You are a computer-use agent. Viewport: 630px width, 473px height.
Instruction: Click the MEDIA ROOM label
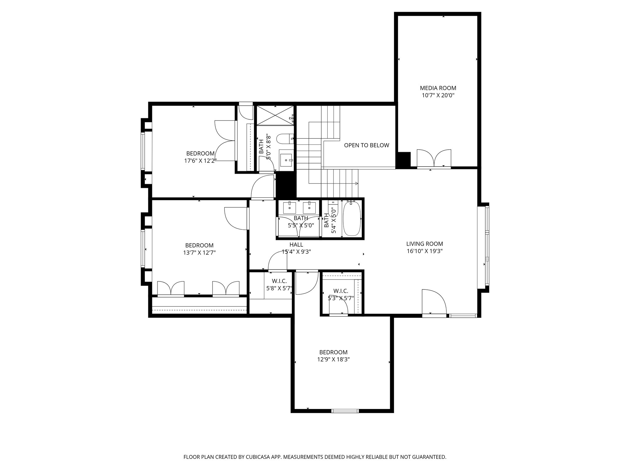tap(438, 88)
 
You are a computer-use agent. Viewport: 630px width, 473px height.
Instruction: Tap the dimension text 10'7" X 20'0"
tap(438, 96)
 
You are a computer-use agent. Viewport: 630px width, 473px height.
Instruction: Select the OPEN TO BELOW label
tap(366, 145)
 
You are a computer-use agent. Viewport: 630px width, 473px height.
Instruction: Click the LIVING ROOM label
tap(424, 244)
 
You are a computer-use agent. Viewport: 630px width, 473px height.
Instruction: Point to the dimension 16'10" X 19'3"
tap(424, 251)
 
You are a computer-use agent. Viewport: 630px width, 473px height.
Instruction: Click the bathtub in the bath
tap(352, 219)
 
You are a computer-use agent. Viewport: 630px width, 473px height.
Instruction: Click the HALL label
tap(296, 245)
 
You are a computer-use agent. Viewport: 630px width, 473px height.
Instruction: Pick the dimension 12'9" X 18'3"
tap(333, 359)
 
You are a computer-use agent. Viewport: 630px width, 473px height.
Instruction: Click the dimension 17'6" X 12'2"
tap(200, 161)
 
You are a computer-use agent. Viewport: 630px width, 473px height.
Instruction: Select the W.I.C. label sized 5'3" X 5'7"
tap(341, 291)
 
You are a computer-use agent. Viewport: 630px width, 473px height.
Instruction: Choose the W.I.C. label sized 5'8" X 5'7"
tap(279, 281)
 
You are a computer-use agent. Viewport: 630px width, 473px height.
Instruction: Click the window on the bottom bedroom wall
tap(345, 410)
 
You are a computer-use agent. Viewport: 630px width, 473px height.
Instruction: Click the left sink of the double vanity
tap(289, 208)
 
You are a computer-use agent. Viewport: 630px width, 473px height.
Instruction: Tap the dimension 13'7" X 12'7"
tap(199, 253)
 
